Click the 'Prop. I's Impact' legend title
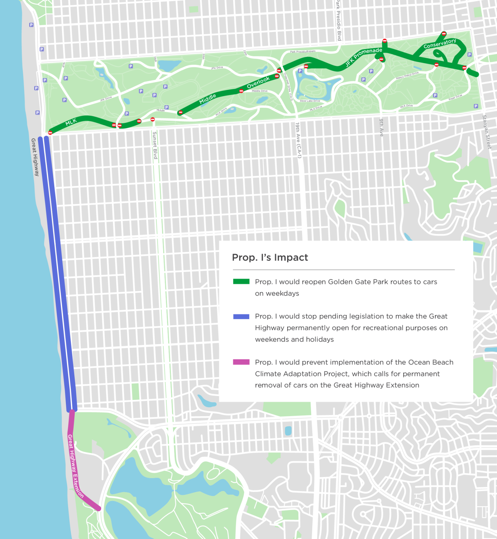(270, 258)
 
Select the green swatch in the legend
(241, 281)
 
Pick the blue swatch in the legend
(241, 316)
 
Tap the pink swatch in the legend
(241, 362)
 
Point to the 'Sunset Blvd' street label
(155, 145)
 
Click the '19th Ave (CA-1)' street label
(299, 140)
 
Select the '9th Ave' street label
(381, 128)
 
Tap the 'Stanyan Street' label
(486, 132)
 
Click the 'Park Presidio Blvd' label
(338, 20)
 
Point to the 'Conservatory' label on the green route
(440, 44)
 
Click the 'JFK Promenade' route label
(363, 56)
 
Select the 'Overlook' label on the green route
(258, 82)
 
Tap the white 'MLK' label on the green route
(71, 122)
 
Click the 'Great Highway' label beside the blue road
(35, 157)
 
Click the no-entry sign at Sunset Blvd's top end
(153, 119)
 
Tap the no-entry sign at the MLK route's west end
(50, 133)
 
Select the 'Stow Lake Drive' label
(310, 101)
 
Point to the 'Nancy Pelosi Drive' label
(407, 75)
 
